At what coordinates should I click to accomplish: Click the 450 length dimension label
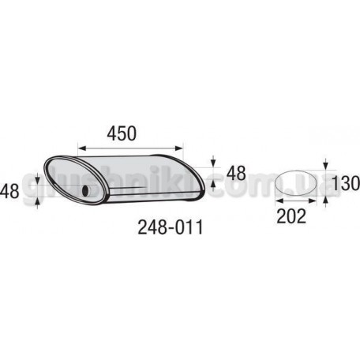tap(122, 133)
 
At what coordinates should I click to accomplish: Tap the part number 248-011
tap(171, 227)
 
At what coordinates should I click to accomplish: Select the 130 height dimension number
tap(346, 183)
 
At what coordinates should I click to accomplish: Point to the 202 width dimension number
tap(291, 216)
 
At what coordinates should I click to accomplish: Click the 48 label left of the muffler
tap(9, 191)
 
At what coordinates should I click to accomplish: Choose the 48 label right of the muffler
tap(236, 173)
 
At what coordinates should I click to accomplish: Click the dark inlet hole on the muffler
tap(85, 190)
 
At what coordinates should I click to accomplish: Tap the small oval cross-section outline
tap(295, 183)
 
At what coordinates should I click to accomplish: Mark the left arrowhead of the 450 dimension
tap(82, 148)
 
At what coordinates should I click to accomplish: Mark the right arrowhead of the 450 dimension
tap(178, 148)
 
